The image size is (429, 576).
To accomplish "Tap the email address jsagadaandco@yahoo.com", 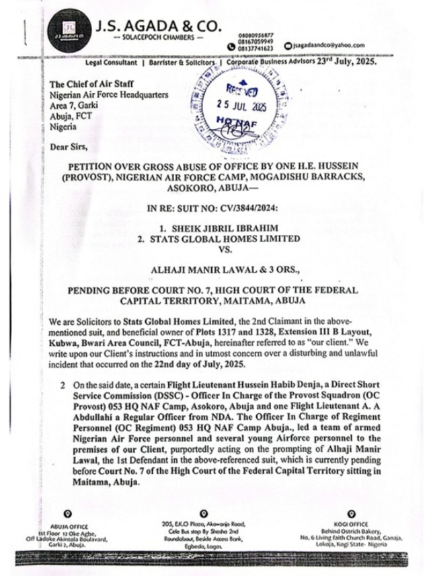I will click(329, 45).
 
